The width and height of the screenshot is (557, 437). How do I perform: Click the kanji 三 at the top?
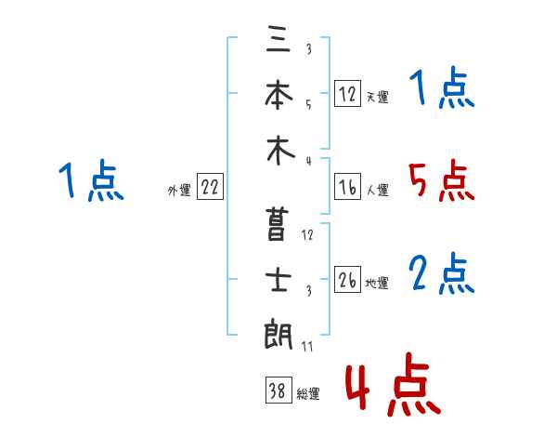278,39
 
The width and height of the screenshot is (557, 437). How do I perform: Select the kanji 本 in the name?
278,94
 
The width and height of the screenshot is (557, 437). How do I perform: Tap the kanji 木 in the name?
280,151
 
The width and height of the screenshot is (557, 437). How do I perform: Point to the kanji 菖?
276,225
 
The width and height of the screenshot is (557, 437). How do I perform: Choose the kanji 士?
278,279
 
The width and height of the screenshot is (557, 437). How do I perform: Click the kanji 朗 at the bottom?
278,334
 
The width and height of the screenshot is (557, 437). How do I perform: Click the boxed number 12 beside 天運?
347,94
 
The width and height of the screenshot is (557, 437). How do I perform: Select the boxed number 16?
347,187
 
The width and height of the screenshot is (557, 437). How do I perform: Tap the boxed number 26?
347,279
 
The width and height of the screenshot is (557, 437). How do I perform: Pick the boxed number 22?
210,187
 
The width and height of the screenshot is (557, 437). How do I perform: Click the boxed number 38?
278,390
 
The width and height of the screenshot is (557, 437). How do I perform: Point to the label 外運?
179,190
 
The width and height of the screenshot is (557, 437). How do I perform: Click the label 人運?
378,190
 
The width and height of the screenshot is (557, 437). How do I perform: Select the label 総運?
308,393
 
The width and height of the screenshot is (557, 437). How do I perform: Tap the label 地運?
377,283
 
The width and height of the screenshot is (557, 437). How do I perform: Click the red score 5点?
442,180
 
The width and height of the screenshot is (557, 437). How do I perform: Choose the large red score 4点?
394,384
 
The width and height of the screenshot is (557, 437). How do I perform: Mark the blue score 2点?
442,273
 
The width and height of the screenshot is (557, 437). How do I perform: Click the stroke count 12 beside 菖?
307,235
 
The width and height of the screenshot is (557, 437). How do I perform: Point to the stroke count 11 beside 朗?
307,346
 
